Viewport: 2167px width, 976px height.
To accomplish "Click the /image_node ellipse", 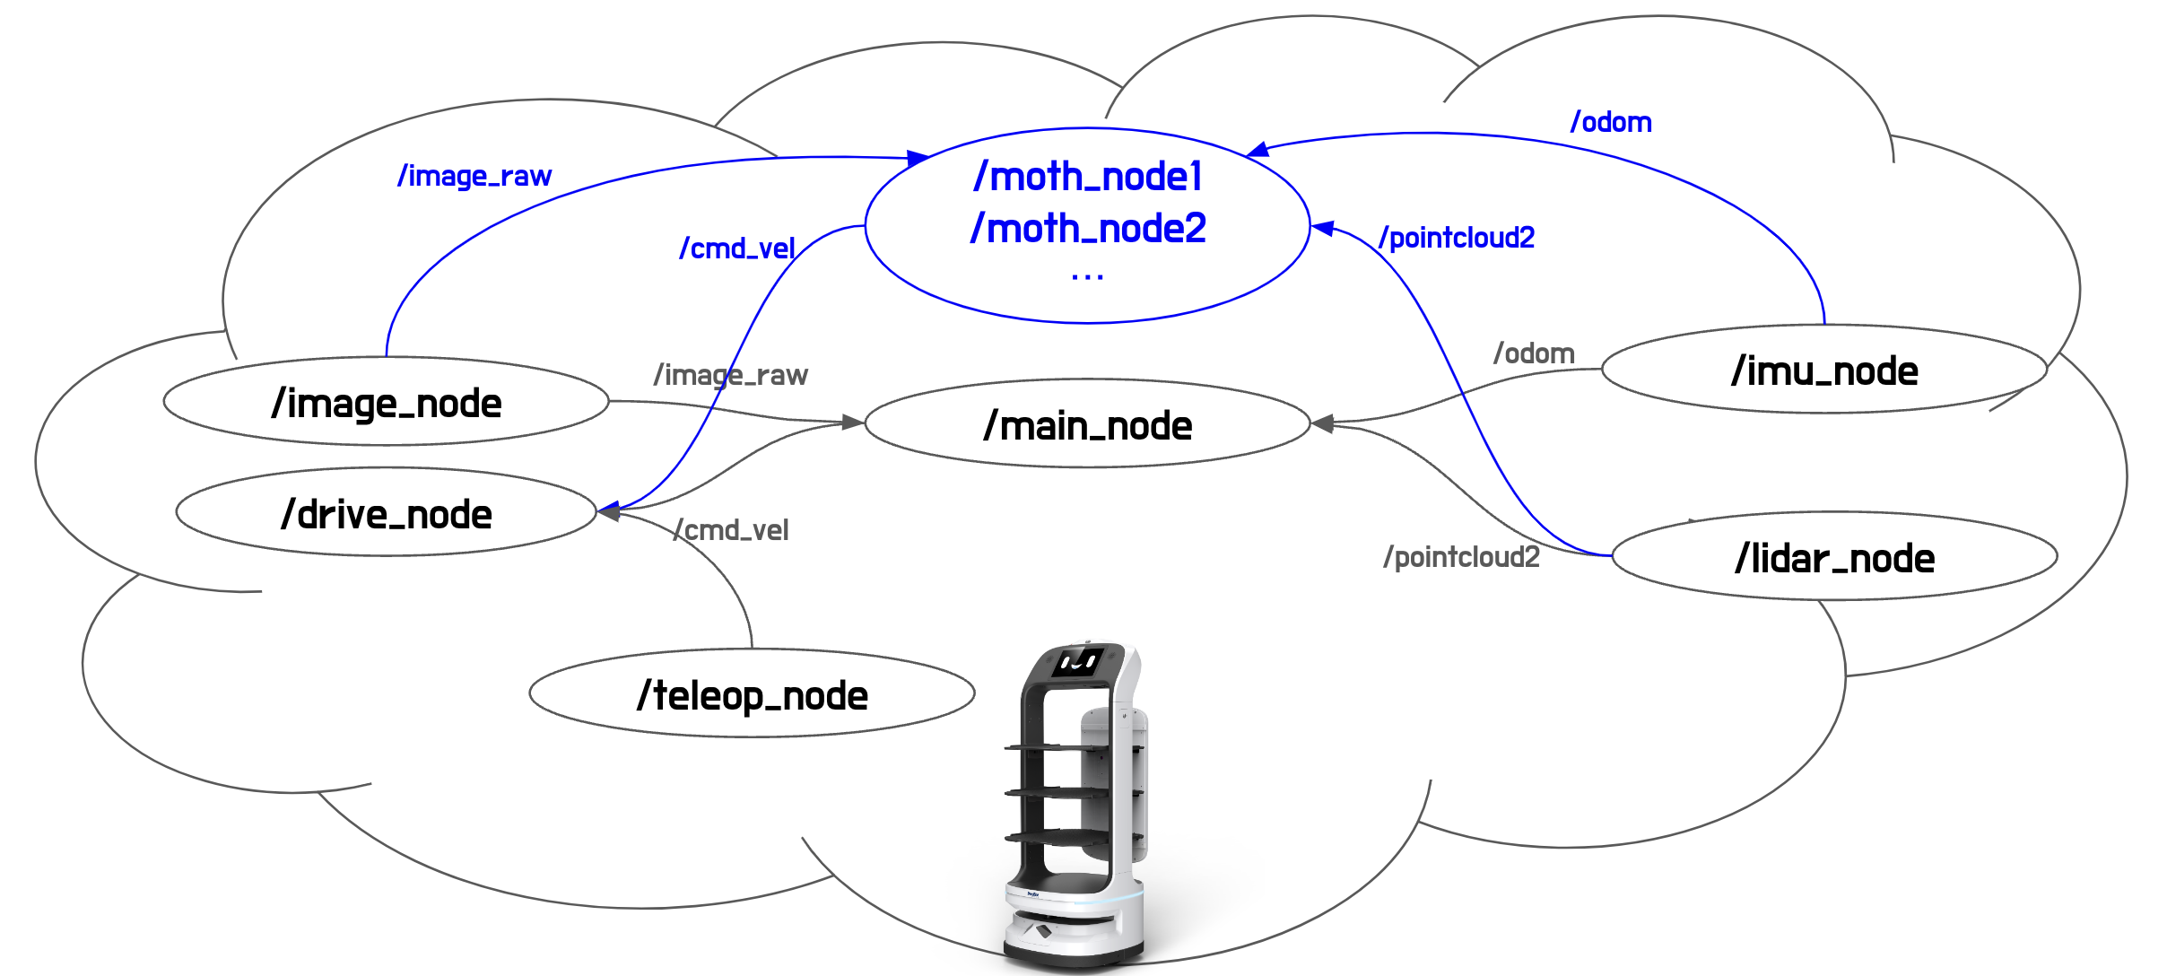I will click(x=386, y=402).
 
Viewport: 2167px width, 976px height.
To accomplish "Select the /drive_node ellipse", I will click(x=386, y=512).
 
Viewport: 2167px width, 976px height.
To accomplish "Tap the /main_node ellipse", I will click(x=1087, y=423).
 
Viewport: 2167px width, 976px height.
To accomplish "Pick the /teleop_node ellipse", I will click(x=752, y=694).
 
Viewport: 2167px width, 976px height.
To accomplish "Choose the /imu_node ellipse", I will click(x=1824, y=370).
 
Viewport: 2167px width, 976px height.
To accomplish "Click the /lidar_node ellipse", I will click(x=1834, y=557).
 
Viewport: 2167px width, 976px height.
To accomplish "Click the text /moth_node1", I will click(x=1087, y=176).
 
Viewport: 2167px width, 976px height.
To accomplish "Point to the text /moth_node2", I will click(x=1087, y=228).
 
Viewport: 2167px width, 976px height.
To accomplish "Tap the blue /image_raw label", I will click(x=474, y=176).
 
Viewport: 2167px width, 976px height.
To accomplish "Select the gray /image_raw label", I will click(x=731, y=374).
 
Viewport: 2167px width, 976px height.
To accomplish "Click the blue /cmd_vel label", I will click(x=737, y=248).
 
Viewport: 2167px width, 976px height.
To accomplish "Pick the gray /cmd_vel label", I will click(x=732, y=529).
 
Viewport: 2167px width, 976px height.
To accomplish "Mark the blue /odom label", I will click(x=1611, y=122).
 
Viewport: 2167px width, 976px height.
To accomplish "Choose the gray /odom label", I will click(x=1534, y=353).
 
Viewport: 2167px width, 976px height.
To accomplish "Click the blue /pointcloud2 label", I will click(x=1457, y=237).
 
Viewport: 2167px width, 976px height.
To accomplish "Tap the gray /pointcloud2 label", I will click(x=1461, y=556).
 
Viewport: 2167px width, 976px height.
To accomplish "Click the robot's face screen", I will click(x=1078, y=663).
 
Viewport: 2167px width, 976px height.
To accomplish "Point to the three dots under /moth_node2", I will click(x=1087, y=278).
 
